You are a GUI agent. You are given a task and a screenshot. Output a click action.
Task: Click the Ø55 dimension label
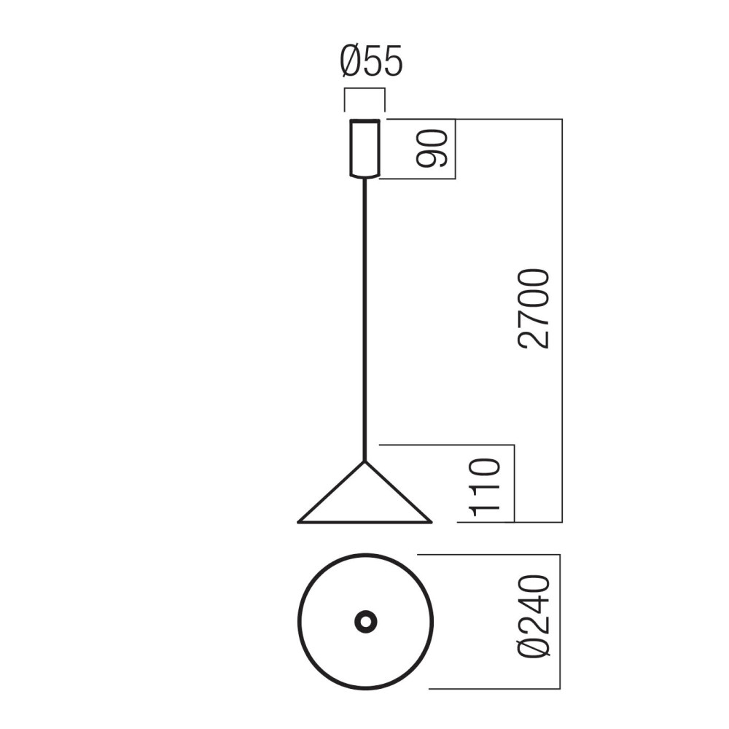[371, 61]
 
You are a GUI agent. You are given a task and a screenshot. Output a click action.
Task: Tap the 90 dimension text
[432, 148]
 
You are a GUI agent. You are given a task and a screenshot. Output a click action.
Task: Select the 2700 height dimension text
[534, 308]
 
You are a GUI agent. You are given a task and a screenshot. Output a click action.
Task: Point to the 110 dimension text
[485, 488]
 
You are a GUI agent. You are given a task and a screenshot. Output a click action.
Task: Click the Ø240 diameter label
[534, 617]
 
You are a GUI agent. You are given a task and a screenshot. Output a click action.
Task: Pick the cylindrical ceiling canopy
[365, 149]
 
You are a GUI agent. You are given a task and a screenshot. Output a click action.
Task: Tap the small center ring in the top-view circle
[365, 622]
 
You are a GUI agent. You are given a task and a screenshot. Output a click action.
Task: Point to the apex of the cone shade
[365, 461]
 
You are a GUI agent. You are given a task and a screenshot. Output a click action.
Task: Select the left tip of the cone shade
[298, 523]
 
